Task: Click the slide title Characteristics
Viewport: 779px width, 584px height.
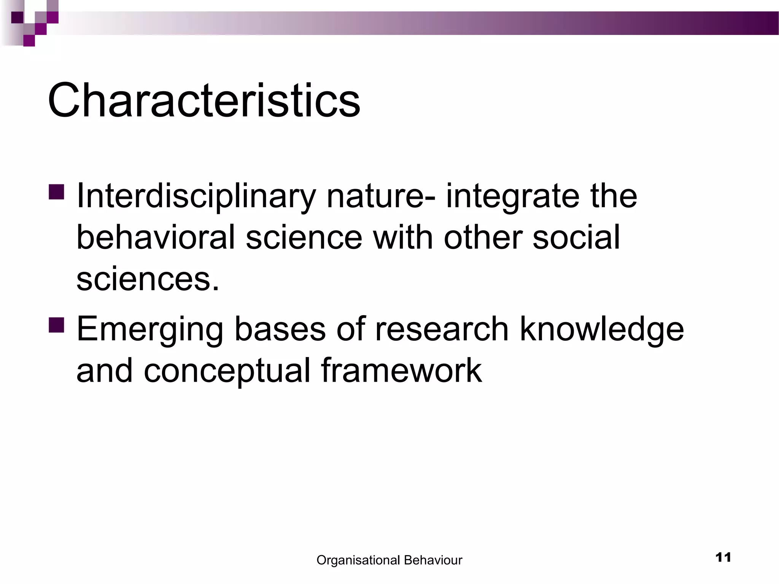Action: click(204, 101)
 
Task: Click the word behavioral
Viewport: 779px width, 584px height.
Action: click(156, 238)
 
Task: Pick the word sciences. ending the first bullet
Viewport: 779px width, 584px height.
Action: click(148, 279)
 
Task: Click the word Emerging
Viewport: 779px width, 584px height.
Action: click(150, 329)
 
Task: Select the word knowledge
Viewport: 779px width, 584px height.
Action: click(602, 329)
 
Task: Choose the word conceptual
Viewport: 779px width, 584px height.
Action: click(227, 371)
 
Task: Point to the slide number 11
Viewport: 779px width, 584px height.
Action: click(723, 558)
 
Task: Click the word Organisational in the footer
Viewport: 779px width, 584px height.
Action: click(358, 560)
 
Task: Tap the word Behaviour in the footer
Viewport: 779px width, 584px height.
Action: click(433, 560)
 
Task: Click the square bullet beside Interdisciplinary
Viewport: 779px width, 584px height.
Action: click(57, 192)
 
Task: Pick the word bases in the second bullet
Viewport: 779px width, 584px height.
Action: click(280, 328)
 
